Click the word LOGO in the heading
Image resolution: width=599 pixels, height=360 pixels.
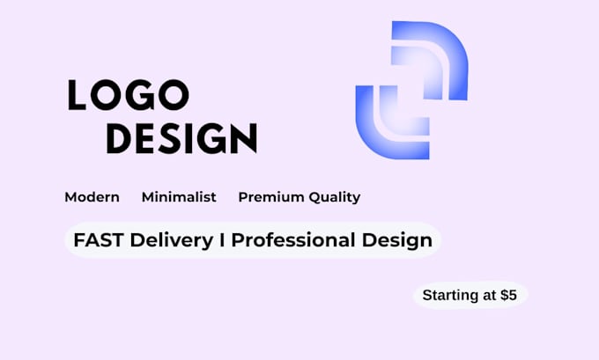tap(129, 95)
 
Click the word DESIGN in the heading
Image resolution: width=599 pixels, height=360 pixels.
tap(181, 138)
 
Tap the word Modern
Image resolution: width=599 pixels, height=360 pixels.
tap(92, 197)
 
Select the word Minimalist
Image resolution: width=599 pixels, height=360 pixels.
tap(179, 197)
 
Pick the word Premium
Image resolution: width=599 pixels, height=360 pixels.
tap(271, 197)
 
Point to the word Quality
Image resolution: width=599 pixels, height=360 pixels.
tap(335, 198)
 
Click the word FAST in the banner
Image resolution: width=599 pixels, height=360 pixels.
tap(98, 240)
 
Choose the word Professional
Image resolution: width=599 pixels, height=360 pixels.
tap(293, 240)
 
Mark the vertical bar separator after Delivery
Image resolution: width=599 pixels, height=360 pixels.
tap(222, 240)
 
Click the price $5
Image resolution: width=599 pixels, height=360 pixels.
tap(509, 295)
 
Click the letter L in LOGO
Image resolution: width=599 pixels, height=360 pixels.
tap(77, 95)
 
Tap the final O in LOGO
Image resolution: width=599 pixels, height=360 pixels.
tap(174, 95)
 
